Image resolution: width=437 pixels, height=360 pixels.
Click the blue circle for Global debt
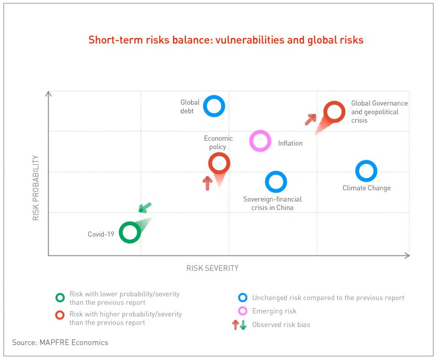tap(214, 106)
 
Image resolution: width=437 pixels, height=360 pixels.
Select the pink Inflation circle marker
tap(260, 141)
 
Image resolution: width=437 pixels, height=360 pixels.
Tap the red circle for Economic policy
tap(219, 163)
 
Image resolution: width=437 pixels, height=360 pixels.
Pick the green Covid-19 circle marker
tap(130, 232)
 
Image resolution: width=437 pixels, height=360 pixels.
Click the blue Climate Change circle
tap(366, 171)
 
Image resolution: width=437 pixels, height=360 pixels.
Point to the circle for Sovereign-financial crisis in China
tap(276, 182)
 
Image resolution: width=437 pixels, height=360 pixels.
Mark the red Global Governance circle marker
tap(334, 112)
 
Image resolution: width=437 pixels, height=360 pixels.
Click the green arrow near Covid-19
tap(145, 208)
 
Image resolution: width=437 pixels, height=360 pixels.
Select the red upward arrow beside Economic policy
tap(207, 183)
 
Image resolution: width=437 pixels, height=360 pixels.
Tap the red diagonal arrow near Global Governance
tap(311, 119)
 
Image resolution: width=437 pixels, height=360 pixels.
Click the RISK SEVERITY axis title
tap(212, 268)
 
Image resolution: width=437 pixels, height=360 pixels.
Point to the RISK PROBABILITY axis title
tap(36, 188)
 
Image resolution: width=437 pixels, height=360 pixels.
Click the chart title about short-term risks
tap(226, 40)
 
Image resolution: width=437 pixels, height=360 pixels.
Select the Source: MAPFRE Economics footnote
tap(60, 342)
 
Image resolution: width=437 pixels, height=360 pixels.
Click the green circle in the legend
tap(61, 297)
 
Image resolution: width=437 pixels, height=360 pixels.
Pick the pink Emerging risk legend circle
tap(243, 311)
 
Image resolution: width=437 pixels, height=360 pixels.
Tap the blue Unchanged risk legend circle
tap(243, 298)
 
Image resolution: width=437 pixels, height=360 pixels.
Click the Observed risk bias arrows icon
tap(239, 325)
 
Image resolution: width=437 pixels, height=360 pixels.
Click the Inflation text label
tap(290, 143)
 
